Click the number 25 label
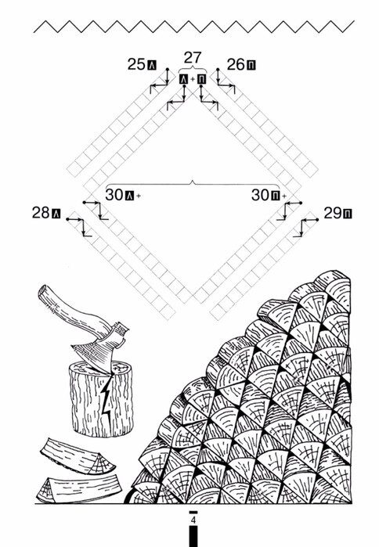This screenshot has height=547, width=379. [135, 64]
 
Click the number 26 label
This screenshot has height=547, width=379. [236, 64]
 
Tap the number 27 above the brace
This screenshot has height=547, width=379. [193, 58]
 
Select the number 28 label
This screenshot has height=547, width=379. [41, 212]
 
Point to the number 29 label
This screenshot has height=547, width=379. [333, 213]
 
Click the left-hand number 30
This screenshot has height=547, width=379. [114, 195]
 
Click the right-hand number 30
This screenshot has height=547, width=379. [260, 195]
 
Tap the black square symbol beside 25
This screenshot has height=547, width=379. [152, 65]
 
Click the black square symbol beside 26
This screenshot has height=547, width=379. [251, 65]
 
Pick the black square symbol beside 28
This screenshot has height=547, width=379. [56, 214]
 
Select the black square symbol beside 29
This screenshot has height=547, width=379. [348, 214]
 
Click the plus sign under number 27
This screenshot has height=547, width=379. [193, 80]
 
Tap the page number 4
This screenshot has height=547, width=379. [193, 520]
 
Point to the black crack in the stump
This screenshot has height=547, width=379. [106, 401]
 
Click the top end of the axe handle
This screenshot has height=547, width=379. [42, 291]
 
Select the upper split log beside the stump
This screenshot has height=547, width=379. [78, 457]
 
